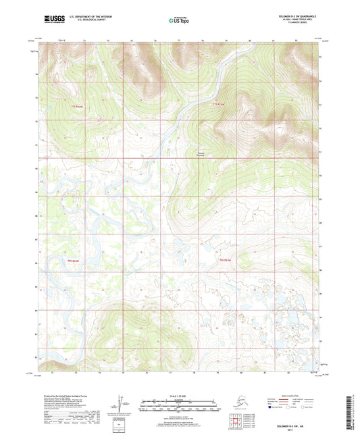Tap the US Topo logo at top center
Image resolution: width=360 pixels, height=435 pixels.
[x=179, y=21]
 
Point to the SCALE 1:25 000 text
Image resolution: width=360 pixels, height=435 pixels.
[x=179, y=396]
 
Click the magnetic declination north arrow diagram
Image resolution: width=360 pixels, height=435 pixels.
[x=124, y=403]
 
